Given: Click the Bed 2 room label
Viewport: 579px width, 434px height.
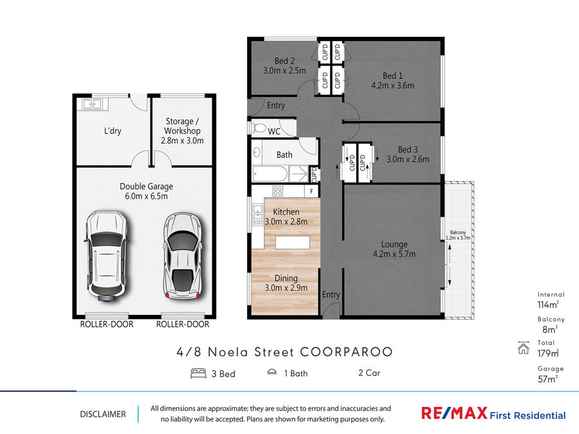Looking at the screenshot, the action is [x=284, y=61].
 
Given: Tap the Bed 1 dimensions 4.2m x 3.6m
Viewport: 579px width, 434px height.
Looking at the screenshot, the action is [x=392, y=86].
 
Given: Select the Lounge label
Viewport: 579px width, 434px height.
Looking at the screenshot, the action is [x=394, y=244].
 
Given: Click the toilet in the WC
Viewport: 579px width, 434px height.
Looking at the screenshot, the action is [x=259, y=128].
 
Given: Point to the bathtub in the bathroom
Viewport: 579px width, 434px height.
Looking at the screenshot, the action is [x=270, y=174].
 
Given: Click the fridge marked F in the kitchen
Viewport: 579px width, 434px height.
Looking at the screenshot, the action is [x=311, y=191].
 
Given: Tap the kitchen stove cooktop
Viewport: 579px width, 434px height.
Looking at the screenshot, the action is [x=278, y=191].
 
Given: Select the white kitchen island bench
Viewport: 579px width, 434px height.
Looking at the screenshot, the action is [x=293, y=242].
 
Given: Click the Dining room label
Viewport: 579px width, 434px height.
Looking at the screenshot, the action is [x=286, y=278].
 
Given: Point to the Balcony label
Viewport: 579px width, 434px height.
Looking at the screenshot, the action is [x=458, y=233].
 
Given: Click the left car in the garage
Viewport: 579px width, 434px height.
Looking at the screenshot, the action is [x=107, y=256].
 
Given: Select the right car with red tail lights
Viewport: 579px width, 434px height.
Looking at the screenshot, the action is [x=183, y=255].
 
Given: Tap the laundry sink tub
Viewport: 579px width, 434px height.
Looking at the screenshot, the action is [x=93, y=104].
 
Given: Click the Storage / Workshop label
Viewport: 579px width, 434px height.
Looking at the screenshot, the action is [x=182, y=126].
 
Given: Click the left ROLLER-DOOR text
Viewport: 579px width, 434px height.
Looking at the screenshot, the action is [x=107, y=325].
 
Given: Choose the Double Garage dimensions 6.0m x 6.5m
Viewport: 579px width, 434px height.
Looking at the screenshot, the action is [x=146, y=196].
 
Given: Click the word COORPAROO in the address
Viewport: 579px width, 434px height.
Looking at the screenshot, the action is [x=346, y=352].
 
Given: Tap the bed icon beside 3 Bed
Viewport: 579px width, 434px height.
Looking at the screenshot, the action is [x=198, y=374].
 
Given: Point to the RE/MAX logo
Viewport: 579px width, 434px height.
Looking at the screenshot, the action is [x=454, y=413].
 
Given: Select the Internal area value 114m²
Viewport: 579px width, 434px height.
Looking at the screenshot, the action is [x=548, y=305].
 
